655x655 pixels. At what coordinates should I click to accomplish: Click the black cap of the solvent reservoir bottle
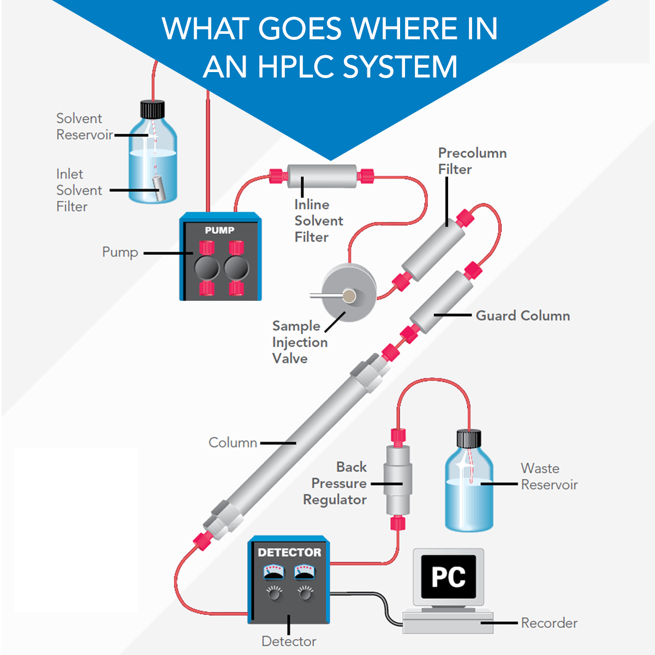[x=152, y=109]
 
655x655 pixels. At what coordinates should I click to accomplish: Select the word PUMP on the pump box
[x=219, y=230]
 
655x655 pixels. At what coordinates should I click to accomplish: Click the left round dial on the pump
[x=207, y=268]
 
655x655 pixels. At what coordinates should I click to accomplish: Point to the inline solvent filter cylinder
[x=322, y=176]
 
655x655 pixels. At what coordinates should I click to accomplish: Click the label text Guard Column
[x=522, y=315]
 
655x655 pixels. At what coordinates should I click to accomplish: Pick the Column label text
[x=233, y=442]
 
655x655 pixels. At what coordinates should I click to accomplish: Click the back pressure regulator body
[x=398, y=480]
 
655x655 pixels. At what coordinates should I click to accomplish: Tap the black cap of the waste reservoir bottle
[x=468, y=438]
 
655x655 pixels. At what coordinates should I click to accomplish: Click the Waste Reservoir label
[x=549, y=476]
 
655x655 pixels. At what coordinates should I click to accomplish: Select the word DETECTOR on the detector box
[x=289, y=552]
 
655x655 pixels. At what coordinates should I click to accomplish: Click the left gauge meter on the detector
[x=273, y=573]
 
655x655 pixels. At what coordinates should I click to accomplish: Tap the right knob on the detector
[x=305, y=593]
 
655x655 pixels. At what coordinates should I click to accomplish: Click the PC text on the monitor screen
[x=448, y=577]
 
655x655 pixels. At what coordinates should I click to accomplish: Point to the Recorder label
[x=549, y=623]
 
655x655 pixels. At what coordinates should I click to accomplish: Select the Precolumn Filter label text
[x=472, y=161]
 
